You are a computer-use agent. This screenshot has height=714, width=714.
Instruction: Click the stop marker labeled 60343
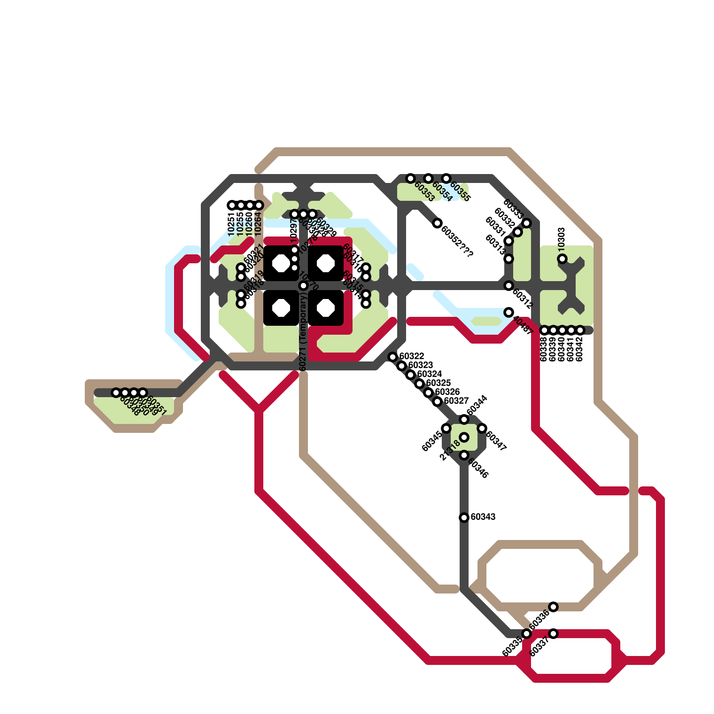tap(464, 518)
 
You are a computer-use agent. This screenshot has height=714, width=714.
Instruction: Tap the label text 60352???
tap(457, 241)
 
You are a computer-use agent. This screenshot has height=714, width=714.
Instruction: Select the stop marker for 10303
tap(562, 259)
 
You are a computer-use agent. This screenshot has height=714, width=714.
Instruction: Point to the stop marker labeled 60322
tap(393, 357)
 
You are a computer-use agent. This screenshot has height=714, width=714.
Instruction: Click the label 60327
tap(456, 401)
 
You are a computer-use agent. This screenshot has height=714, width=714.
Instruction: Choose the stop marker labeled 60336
tap(553, 607)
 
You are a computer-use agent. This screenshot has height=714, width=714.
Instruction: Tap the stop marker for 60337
tap(553, 634)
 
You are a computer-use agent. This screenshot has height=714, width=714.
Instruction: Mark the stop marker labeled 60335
tap(527, 634)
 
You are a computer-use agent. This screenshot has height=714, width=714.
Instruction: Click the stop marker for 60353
tap(411, 178)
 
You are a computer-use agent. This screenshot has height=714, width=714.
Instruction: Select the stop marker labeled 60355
tap(446, 178)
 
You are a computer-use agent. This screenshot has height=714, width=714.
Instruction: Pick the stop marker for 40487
tap(509, 312)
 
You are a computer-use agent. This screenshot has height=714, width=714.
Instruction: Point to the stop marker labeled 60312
tap(509, 286)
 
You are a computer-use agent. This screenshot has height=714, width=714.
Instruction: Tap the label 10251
tap(231, 224)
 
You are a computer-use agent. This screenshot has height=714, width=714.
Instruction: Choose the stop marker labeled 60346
tap(464, 455)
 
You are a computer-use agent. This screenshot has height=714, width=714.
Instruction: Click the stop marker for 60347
tap(482, 428)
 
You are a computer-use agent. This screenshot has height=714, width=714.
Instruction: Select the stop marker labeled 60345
tap(446, 428)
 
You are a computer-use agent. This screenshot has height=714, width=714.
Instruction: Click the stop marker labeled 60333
tap(527, 223)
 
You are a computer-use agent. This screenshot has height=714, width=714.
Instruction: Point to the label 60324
tap(429, 374)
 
